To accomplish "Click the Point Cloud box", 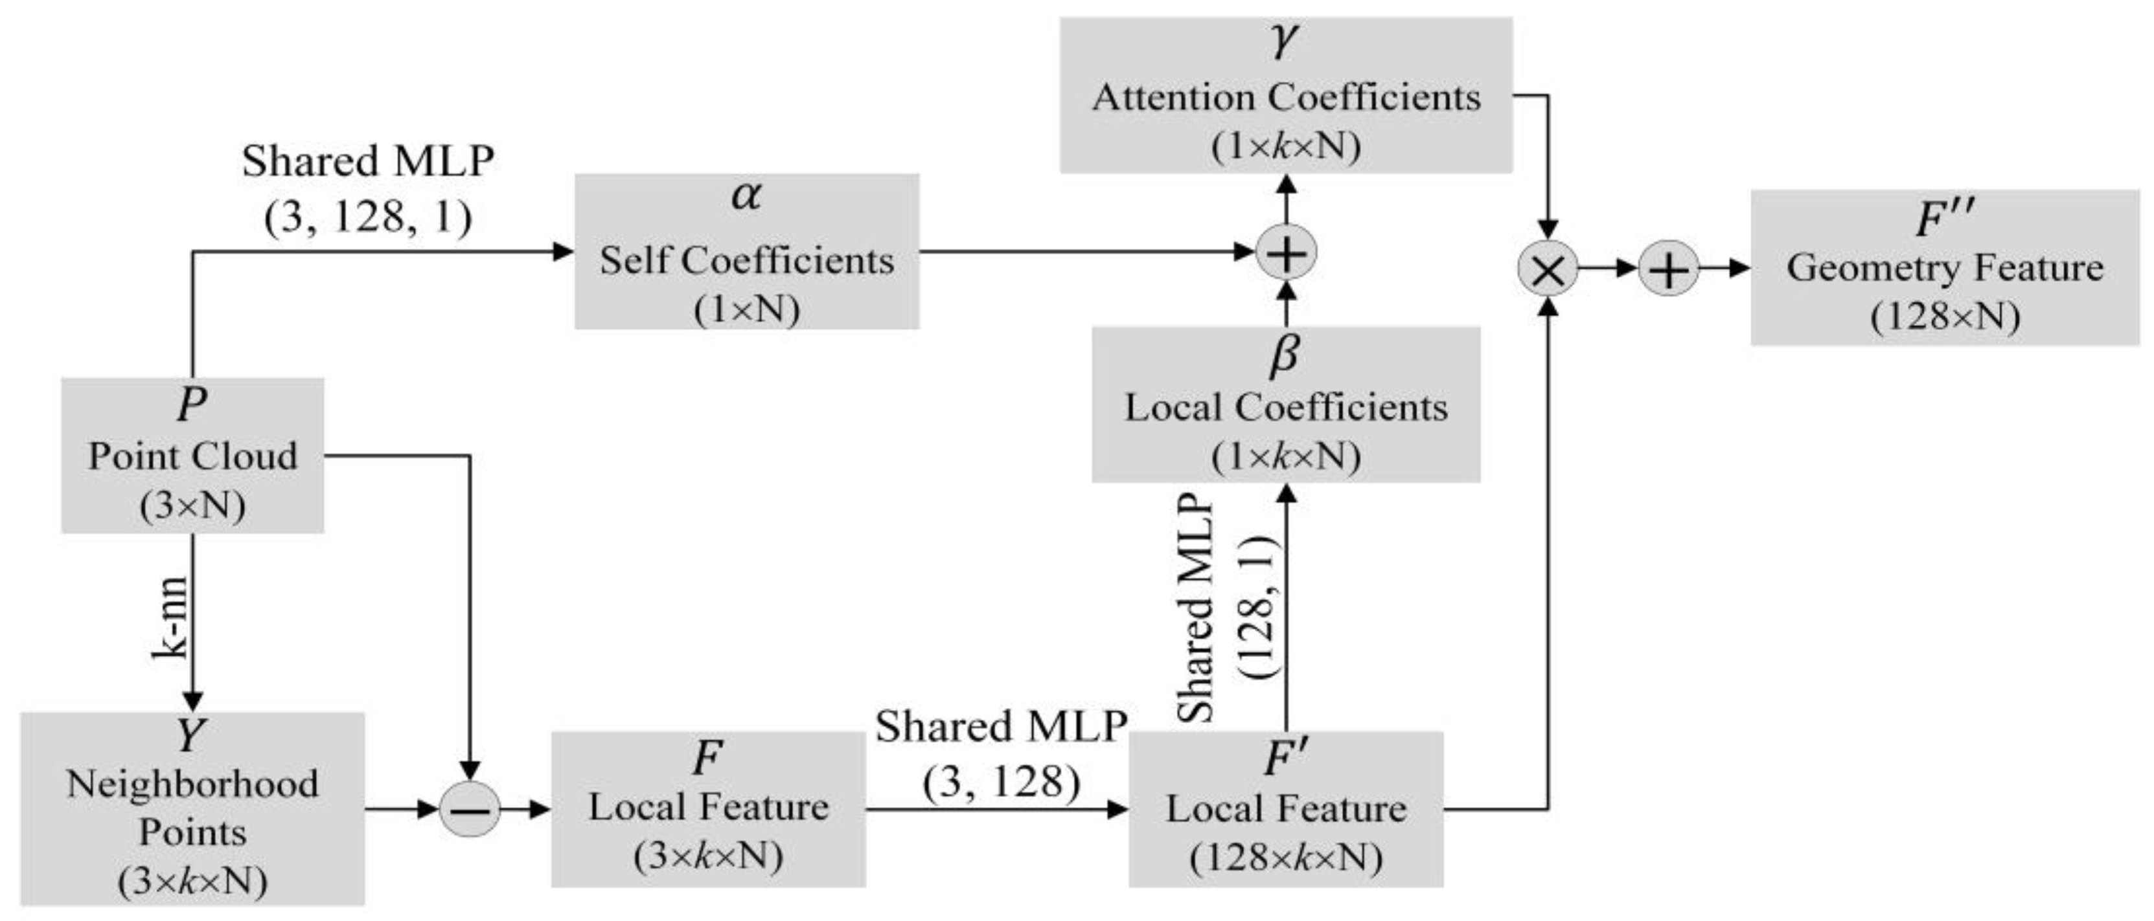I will click(192, 456).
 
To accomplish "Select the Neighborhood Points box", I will click(192, 808).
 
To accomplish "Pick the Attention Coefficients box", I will click(1286, 95).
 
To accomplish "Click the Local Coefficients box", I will click(1286, 405).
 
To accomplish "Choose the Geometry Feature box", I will click(1945, 267).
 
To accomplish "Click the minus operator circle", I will click(470, 809).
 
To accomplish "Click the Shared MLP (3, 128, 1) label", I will click(368, 189).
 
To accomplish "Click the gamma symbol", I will click(1285, 40).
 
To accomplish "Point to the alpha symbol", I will click(746, 195).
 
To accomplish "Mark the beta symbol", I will click(1285, 355).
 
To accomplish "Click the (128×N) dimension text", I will click(1945, 316).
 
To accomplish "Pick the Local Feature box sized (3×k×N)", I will click(708, 808).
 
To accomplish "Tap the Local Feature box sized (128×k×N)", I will click(1286, 808).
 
